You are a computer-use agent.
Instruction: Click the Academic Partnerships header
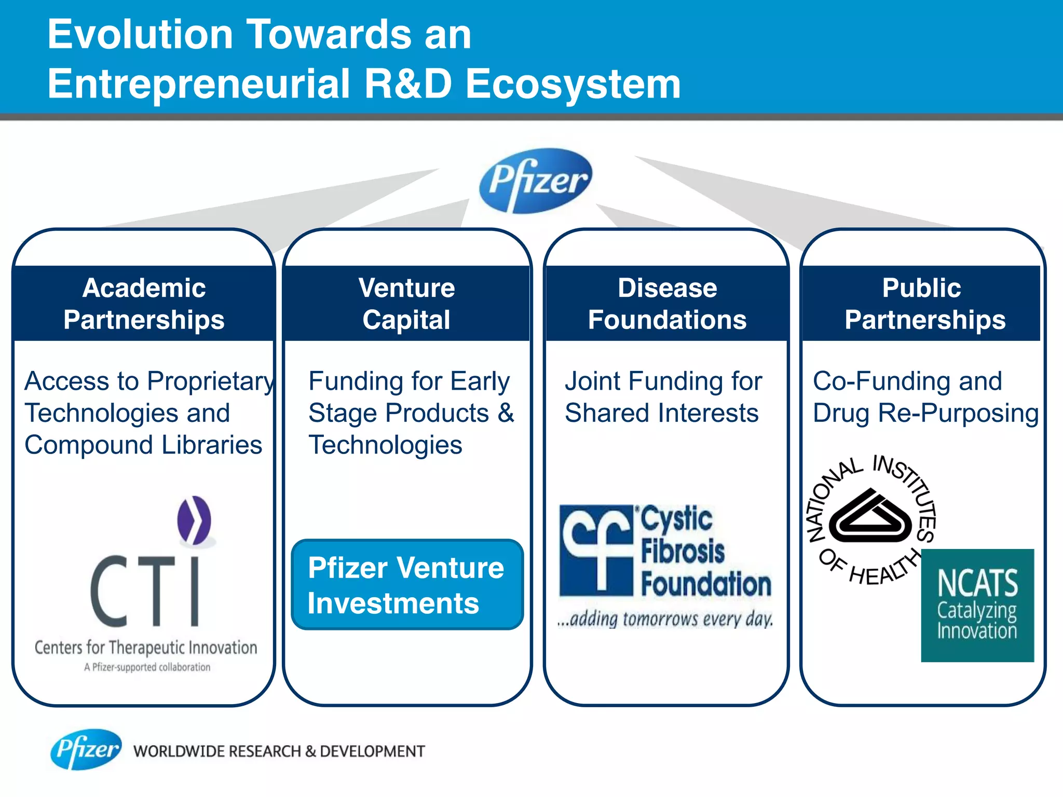tap(144, 304)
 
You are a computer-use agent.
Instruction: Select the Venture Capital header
tap(407, 304)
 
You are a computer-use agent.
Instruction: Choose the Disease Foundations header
tap(667, 304)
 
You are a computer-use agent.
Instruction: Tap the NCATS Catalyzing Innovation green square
tap(977, 605)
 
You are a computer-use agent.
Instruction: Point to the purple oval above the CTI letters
tap(194, 520)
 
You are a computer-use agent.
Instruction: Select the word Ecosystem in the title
tap(573, 84)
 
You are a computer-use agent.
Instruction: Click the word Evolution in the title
tap(140, 34)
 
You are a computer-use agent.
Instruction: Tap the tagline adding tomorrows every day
tap(665, 619)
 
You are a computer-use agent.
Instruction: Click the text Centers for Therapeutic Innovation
tap(146, 648)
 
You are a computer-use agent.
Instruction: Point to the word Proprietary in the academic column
tap(210, 382)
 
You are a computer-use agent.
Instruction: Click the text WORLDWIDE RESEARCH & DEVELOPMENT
tap(279, 751)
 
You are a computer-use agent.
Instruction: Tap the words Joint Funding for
tap(663, 381)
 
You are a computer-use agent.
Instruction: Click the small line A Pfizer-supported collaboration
tap(147, 667)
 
